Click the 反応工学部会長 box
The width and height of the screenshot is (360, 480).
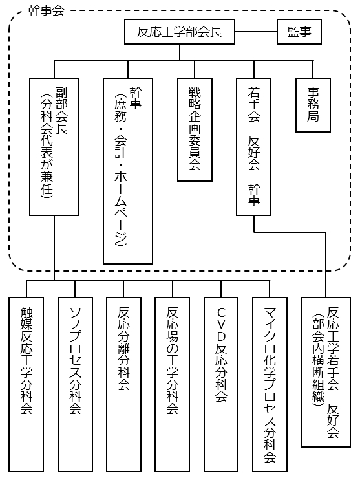[x=180, y=31]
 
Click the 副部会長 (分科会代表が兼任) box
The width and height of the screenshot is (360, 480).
[x=55, y=146]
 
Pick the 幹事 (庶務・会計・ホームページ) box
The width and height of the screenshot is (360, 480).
[x=127, y=170]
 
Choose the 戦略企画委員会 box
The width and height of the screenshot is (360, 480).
[x=195, y=129]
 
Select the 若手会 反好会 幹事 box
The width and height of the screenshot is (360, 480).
[x=254, y=146]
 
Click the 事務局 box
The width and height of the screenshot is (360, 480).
[x=313, y=105]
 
